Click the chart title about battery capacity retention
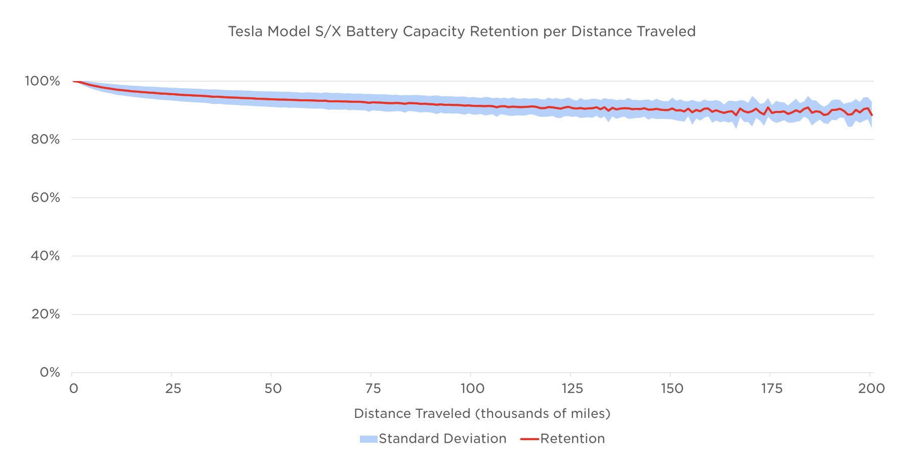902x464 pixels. point(462,31)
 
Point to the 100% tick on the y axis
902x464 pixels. point(43,81)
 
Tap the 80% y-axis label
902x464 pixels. point(45,139)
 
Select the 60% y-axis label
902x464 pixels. point(45,198)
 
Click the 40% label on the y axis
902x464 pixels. point(45,256)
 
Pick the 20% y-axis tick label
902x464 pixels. point(45,314)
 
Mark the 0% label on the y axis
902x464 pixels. point(50,373)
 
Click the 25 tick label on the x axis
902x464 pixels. point(173,389)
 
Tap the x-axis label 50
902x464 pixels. point(273,389)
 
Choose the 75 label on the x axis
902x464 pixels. point(373,389)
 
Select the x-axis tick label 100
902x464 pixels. point(472,389)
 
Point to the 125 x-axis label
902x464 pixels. point(572,389)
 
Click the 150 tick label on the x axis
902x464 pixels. point(672,389)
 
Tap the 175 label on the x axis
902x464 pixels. point(771,389)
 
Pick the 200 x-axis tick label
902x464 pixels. point(871,389)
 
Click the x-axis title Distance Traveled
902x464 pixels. point(482,414)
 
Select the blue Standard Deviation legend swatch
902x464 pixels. point(368,439)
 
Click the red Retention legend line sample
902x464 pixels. point(529,439)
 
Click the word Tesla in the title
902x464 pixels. point(245,31)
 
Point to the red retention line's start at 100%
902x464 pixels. point(74,81)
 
